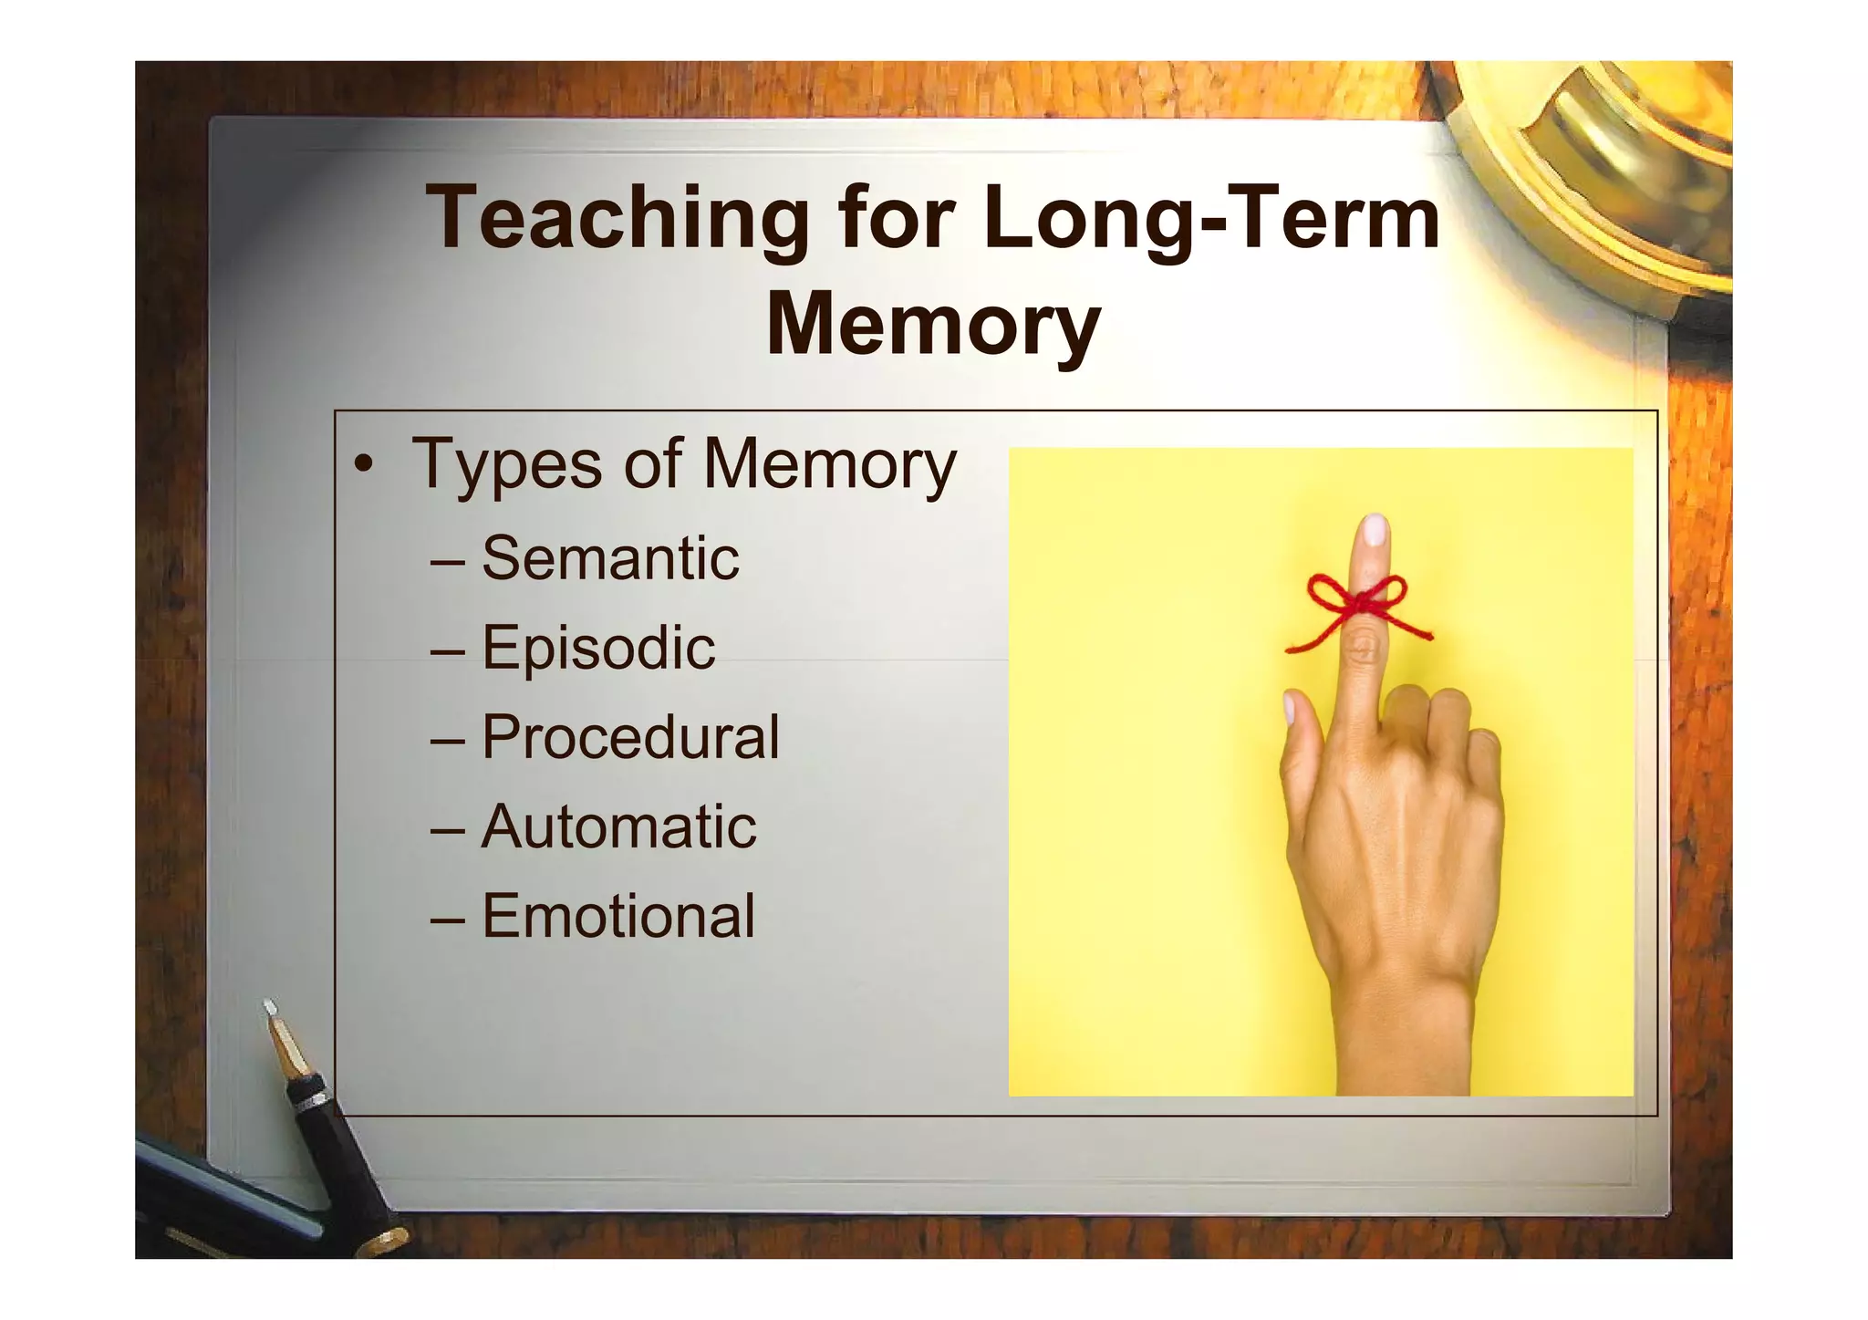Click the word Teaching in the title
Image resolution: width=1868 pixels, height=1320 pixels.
[617, 219]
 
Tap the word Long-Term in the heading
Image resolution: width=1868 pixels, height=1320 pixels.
[1212, 219]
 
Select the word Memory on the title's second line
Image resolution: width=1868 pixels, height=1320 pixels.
[933, 324]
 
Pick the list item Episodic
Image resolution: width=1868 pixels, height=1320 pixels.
[598, 647]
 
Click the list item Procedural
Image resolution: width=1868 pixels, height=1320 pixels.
[630, 736]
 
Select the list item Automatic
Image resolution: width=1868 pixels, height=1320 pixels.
[618, 826]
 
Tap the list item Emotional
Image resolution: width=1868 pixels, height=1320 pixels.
[618, 916]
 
